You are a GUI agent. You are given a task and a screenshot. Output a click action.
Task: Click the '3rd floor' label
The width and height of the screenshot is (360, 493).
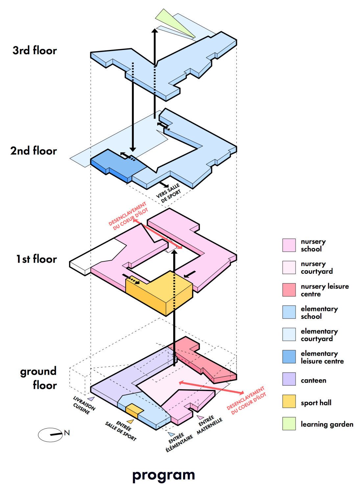(x=35, y=50)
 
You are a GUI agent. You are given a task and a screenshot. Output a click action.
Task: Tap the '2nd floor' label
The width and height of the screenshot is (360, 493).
(x=34, y=151)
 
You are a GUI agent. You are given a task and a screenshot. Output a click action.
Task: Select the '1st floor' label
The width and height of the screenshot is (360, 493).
(x=36, y=259)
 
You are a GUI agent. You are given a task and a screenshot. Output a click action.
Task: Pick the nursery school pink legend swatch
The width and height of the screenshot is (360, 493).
(x=289, y=245)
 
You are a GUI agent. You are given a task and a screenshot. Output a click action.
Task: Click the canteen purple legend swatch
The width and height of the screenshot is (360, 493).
(x=289, y=379)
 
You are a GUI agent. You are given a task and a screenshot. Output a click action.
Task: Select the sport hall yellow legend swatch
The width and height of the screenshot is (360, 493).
(x=289, y=401)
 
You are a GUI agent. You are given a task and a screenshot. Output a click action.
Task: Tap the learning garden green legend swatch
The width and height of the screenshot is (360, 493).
(x=289, y=423)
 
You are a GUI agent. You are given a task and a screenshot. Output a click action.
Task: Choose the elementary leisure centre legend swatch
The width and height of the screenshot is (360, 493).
(x=289, y=357)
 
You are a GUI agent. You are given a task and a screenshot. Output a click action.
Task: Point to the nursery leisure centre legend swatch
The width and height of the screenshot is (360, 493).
(x=289, y=290)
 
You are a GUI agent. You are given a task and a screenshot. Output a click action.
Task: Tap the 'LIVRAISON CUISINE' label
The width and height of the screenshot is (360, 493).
(x=84, y=406)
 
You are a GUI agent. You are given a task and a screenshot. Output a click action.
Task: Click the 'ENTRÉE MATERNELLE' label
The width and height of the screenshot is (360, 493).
(x=209, y=425)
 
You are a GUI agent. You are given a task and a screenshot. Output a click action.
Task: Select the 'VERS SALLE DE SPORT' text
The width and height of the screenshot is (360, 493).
(x=169, y=193)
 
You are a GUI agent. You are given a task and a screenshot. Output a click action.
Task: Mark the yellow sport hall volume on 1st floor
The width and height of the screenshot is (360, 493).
(x=159, y=293)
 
